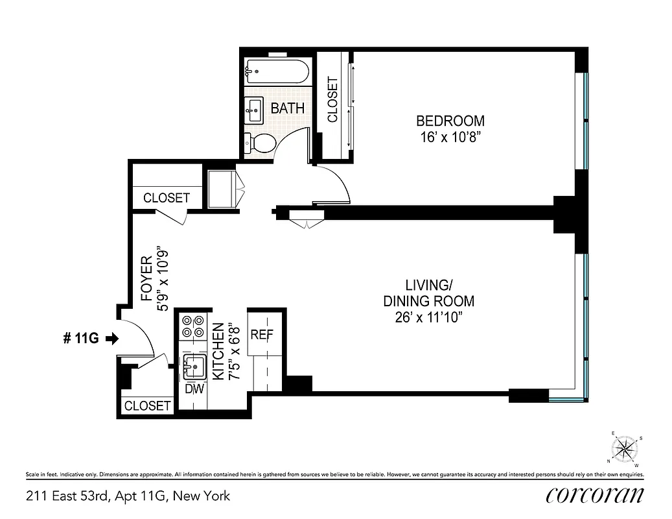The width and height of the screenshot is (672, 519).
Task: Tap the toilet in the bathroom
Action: coord(259,141)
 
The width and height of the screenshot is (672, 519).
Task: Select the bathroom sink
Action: coord(255,110)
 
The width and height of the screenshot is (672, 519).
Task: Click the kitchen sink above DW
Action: coord(194,367)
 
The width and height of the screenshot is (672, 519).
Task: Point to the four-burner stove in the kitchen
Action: coord(192,326)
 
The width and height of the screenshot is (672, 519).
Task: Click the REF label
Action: coord(262,335)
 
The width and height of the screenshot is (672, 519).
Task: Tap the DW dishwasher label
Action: coord(194,390)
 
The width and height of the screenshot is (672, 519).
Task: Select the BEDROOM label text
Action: coord(450,121)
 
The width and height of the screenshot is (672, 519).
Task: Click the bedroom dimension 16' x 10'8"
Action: coord(450,138)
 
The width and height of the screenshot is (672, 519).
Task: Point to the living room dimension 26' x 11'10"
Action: coord(428,317)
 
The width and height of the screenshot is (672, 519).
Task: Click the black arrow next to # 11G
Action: coord(112,338)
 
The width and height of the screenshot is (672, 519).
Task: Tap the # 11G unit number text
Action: coord(80,338)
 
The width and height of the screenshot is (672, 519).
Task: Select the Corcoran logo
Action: coord(595,496)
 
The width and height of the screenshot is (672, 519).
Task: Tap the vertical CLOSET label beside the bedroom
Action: coord(332,100)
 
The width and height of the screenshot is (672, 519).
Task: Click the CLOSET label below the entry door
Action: coord(147,406)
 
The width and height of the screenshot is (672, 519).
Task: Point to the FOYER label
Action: coord(146,280)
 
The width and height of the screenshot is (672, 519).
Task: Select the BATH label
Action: coord(287,108)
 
